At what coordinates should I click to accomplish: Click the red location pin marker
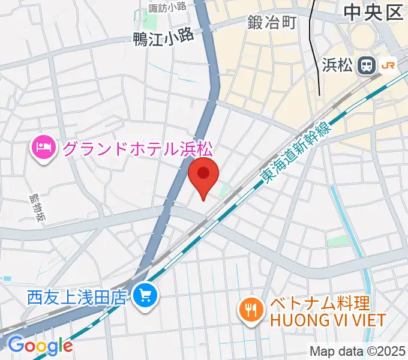click(x=203, y=175)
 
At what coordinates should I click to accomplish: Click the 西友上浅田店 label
click(x=77, y=296)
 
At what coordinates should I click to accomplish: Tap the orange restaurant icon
click(x=248, y=310)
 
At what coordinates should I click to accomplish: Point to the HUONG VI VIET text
click(x=327, y=320)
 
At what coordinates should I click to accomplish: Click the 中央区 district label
click(x=373, y=13)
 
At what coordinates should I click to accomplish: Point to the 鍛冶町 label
click(x=272, y=23)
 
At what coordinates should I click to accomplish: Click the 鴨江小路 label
click(x=164, y=37)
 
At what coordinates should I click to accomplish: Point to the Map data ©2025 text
click(x=358, y=350)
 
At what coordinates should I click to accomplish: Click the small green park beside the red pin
click(x=224, y=191)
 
